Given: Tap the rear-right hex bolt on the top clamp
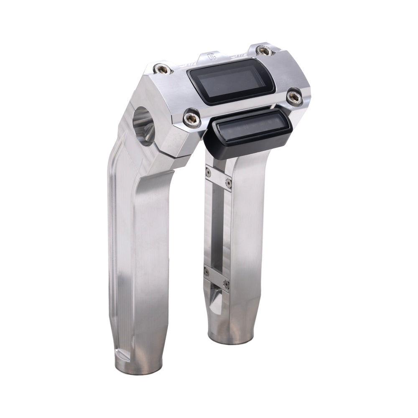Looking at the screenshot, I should [x=264, y=51].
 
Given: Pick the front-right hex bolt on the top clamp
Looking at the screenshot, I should [x=294, y=97].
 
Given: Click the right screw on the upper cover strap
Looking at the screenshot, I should [x=228, y=183].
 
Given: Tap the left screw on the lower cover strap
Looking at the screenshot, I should [x=206, y=273].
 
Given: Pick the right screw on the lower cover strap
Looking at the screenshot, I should [x=226, y=284].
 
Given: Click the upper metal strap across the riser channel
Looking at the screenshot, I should [x=218, y=178].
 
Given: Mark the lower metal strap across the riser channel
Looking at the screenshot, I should [x=217, y=278].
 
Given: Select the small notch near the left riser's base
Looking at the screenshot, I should [x=122, y=354].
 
